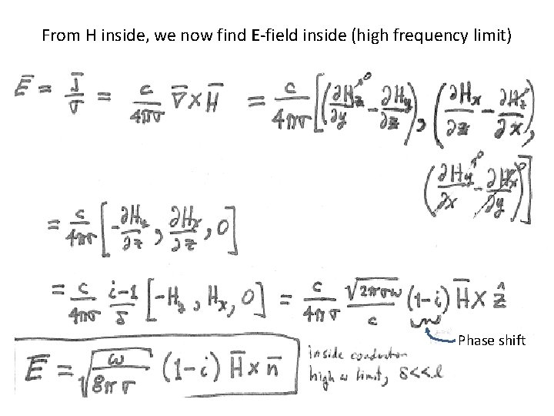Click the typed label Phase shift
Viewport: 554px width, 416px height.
[x=491, y=340]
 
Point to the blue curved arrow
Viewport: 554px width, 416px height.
[x=440, y=334]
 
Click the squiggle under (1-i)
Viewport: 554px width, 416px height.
[x=426, y=320]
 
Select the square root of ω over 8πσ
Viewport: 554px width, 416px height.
[x=115, y=368]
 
